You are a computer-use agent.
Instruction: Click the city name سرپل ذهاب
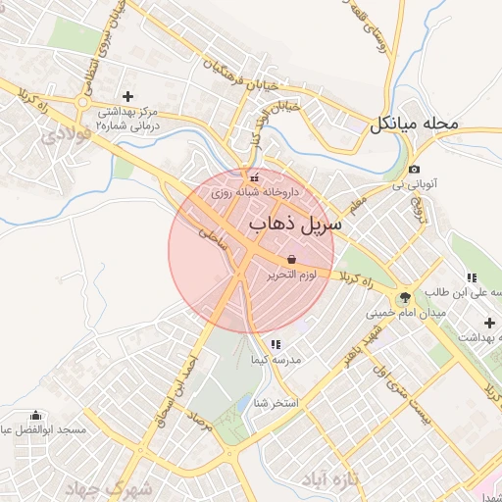click(295, 225)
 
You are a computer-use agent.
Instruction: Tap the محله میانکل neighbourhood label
click(414, 125)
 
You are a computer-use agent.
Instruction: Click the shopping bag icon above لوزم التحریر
click(292, 259)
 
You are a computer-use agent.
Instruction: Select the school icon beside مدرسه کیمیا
click(275, 344)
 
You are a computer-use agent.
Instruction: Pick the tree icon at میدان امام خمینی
click(404, 297)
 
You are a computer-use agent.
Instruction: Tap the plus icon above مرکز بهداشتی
click(126, 96)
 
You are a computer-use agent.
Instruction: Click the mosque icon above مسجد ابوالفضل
click(36, 415)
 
